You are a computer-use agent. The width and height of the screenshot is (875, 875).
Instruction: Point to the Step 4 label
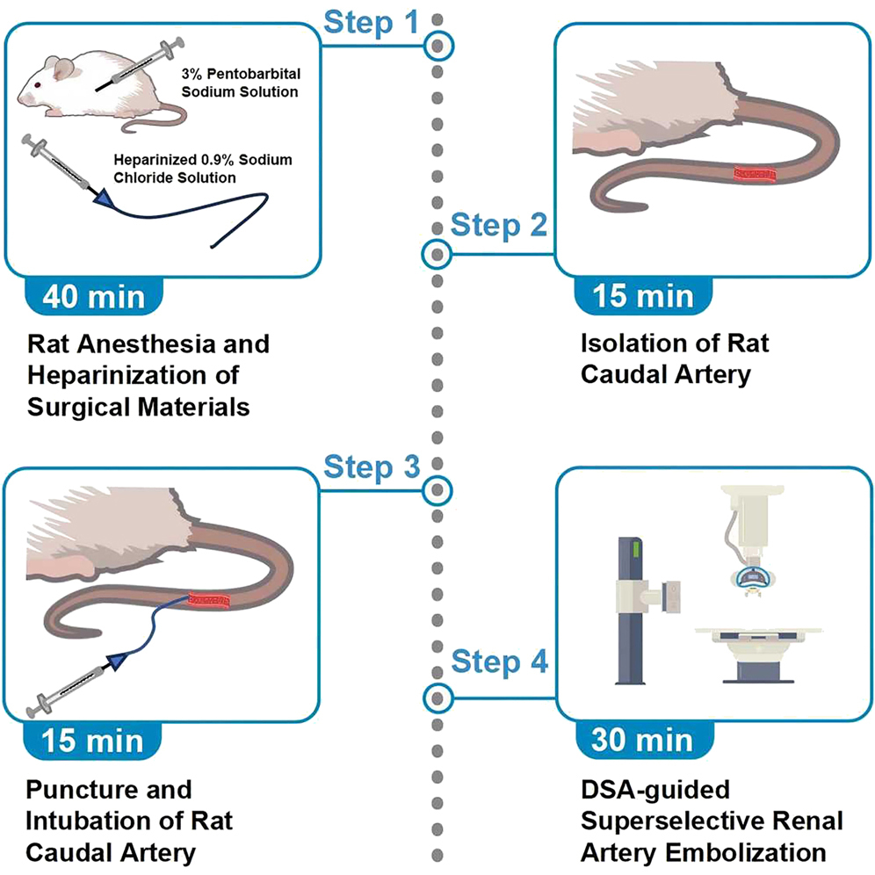(499, 661)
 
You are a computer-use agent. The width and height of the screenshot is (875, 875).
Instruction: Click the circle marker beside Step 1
(437, 45)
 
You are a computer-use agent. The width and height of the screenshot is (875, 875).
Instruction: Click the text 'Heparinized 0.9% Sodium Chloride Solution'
(202, 168)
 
